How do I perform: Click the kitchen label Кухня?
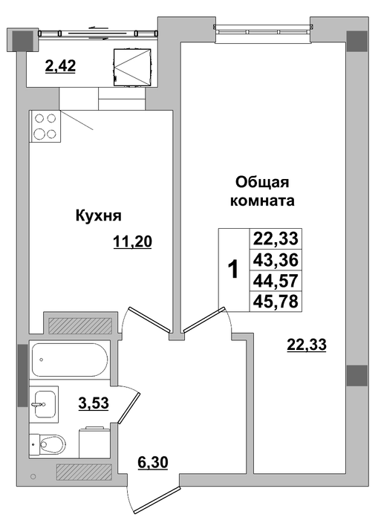[x=99, y=216]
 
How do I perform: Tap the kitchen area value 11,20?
[x=132, y=241]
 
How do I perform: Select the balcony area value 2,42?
[x=60, y=66]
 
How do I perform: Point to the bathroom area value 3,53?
[x=94, y=403]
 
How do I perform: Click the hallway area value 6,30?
[x=152, y=462]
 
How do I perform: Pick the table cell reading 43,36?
[x=276, y=260]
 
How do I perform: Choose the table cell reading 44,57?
[x=276, y=281]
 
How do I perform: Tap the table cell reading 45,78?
[x=276, y=302]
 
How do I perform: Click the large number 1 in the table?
[x=234, y=269]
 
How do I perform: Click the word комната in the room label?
[x=262, y=201]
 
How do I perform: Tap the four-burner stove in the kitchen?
[x=45, y=126]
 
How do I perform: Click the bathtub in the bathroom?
[x=70, y=360]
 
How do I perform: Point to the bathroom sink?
[x=45, y=404]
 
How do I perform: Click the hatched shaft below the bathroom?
[x=84, y=472]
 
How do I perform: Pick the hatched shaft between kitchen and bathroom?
[x=80, y=325]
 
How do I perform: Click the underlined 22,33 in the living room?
[x=307, y=345]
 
